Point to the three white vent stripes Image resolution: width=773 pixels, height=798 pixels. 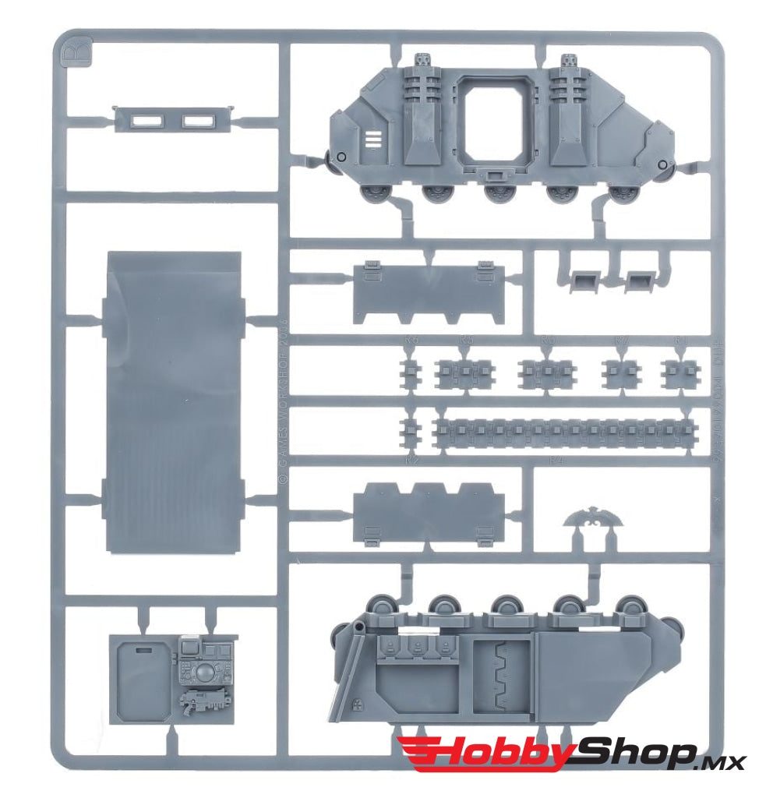pyautogui.click(x=373, y=140)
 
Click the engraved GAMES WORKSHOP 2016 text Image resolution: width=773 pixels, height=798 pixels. pyautogui.click(x=283, y=397)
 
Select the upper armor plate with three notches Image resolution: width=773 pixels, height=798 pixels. pyautogui.click(x=428, y=292)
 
